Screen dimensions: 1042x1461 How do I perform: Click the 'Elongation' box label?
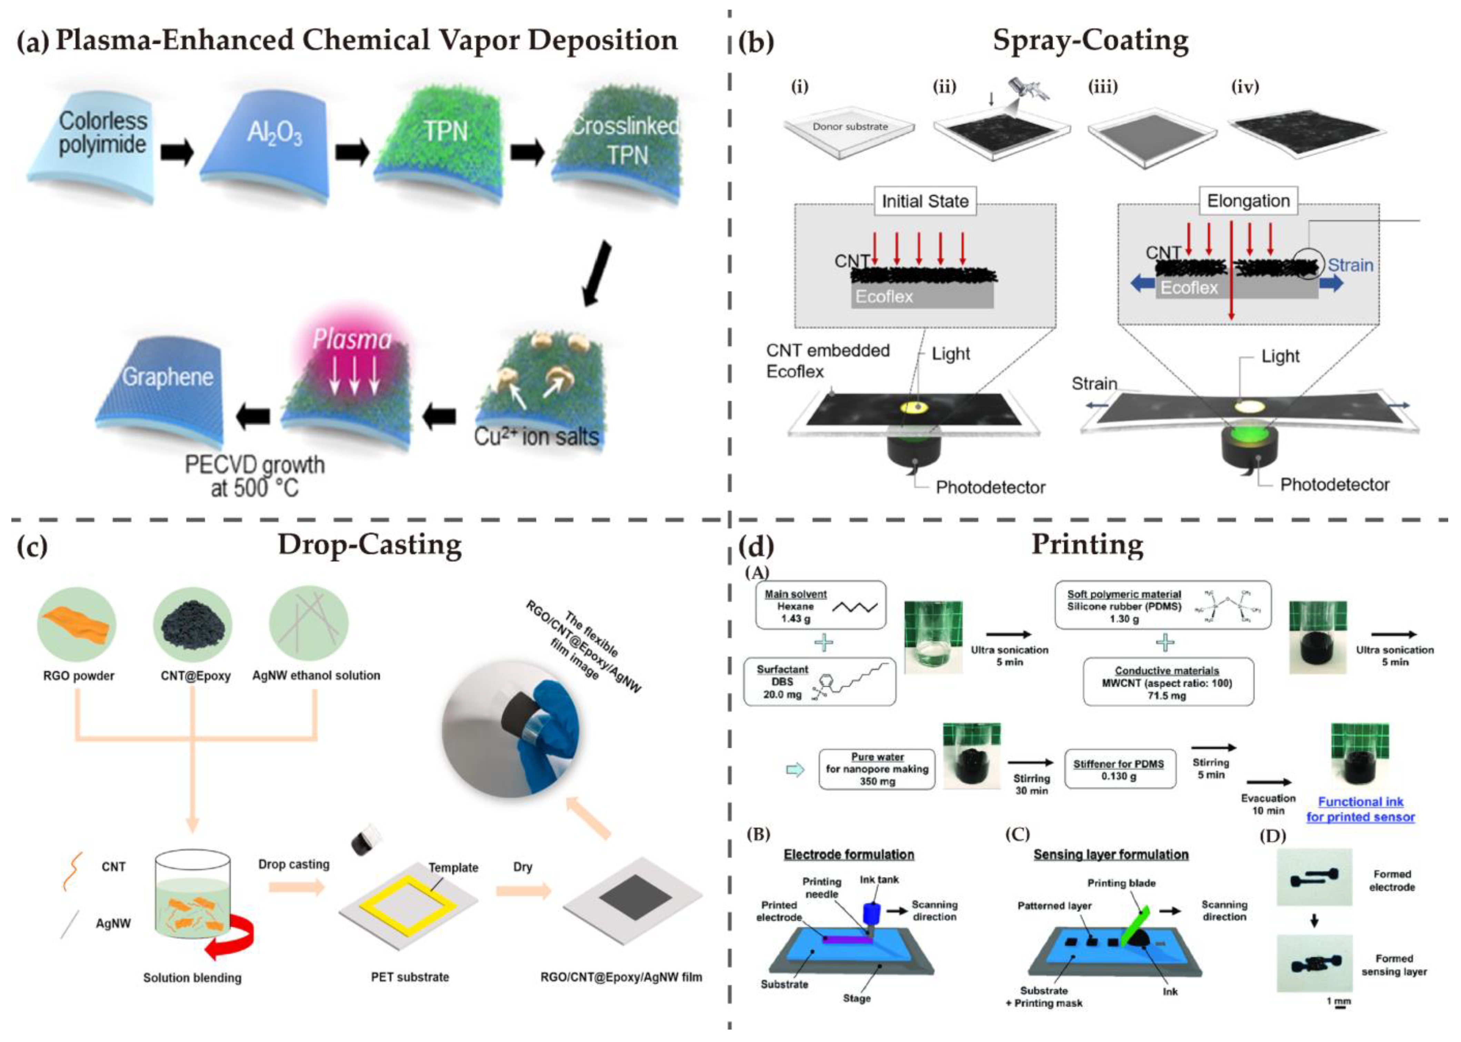(1248, 201)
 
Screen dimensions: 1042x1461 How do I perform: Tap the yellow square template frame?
(408, 906)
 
